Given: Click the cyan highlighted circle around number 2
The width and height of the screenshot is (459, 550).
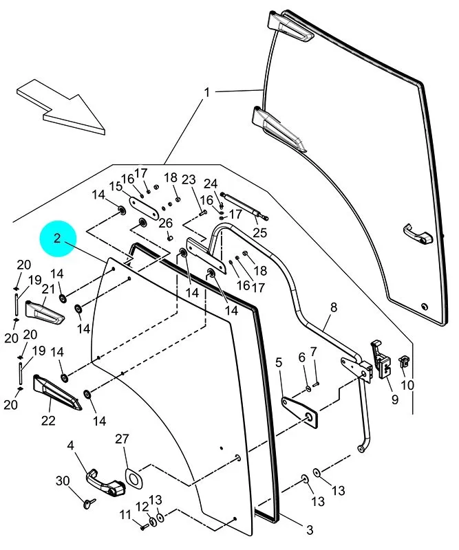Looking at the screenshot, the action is [x=58, y=239].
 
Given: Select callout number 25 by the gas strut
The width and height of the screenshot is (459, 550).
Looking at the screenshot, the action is [x=260, y=232].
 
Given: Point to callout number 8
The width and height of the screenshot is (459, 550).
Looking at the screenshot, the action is [x=333, y=307].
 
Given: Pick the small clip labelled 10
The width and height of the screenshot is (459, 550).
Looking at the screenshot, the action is [x=404, y=361].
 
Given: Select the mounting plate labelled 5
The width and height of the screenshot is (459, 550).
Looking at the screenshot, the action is [x=300, y=412].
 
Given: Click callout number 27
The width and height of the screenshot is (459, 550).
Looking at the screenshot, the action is [x=122, y=439].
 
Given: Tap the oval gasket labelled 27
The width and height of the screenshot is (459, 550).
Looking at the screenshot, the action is [x=132, y=478].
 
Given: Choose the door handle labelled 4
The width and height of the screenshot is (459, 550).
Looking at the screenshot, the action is [x=105, y=483].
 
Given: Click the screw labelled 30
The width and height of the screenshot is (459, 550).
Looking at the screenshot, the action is [x=89, y=503].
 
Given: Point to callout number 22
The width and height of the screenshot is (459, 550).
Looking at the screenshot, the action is [x=48, y=420].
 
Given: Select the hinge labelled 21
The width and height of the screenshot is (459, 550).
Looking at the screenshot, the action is [x=45, y=312].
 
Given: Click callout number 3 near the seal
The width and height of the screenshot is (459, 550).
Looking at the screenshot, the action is [x=309, y=529].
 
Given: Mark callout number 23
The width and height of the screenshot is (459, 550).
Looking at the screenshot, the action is [x=189, y=179].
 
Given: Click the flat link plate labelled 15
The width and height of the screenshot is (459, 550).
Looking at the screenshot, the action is [x=145, y=208].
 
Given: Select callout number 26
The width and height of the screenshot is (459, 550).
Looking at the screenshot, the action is [x=166, y=223].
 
